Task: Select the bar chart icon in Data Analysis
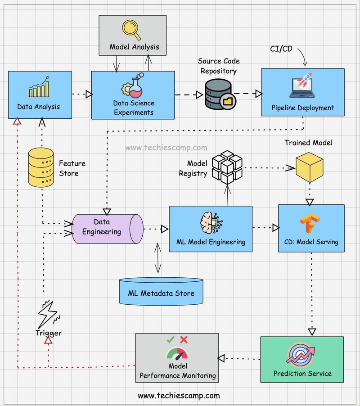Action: click(39, 87)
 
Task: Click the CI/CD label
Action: click(281, 49)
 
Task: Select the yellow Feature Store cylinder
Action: click(41, 167)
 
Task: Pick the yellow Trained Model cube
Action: click(309, 167)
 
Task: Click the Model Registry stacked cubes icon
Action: click(227, 167)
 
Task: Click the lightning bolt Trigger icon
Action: click(48, 313)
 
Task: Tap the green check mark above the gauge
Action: click(171, 340)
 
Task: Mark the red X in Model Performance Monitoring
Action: click(184, 340)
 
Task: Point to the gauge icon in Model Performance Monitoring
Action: click(177, 354)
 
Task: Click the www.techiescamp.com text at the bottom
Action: click(179, 396)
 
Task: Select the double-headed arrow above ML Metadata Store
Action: click(157, 258)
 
